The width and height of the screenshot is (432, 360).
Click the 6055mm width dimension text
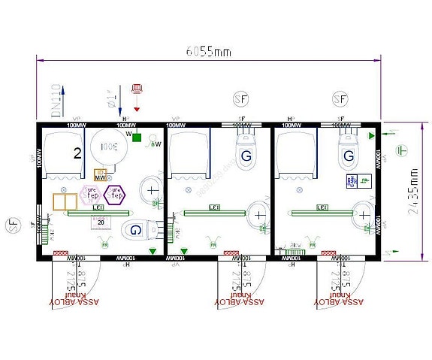tap(208, 51)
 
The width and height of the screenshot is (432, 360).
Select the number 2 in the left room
tap(77, 154)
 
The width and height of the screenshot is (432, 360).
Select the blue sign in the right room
tap(352, 181)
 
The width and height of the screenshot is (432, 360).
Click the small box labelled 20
tap(101, 222)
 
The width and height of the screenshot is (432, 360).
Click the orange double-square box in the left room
tap(65, 202)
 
